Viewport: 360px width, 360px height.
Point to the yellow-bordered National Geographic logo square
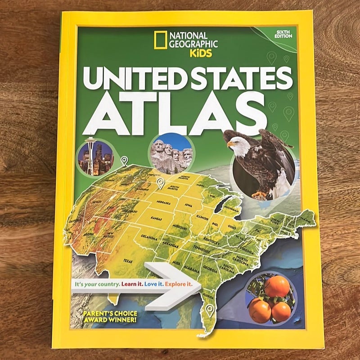click(159, 40)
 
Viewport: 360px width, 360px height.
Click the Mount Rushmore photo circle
click(171, 154)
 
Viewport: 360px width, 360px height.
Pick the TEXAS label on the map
click(128, 261)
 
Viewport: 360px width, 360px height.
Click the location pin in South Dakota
click(160, 182)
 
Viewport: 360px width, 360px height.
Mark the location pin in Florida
click(209, 309)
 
